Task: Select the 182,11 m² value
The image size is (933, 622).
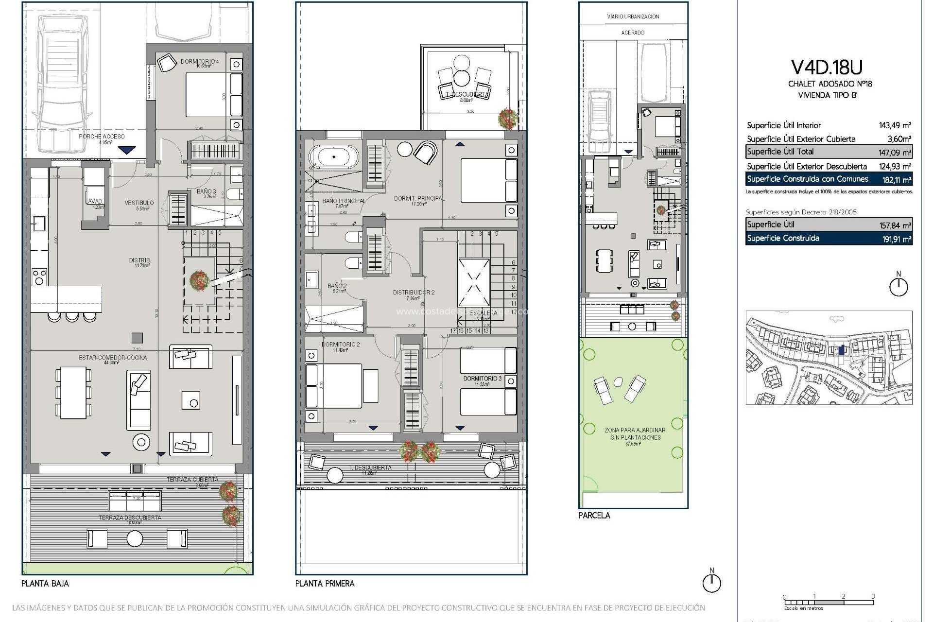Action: click(x=897, y=179)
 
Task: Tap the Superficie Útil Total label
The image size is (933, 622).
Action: click(x=780, y=152)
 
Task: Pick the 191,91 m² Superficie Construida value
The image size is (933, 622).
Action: click(x=897, y=239)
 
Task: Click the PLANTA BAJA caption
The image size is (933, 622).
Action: click(x=45, y=583)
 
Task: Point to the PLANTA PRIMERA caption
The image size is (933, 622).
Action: click(x=325, y=583)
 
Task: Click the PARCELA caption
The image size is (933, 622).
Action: click(x=593, y=515)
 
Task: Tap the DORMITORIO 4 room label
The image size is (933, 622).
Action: click(x=200, y=62)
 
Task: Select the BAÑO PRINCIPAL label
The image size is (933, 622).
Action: click(x=344, y=201)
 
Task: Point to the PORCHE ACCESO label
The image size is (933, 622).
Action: click(x=102, y=137)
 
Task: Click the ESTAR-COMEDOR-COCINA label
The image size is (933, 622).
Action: click(x=113, y=358)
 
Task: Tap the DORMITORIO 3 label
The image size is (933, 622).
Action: click(x=482, y=378)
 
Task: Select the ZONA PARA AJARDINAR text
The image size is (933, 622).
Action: click(x=635, y=430)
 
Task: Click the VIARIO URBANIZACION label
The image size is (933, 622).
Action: click(x=633, y=17)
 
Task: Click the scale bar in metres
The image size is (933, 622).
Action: click(x=829, y=603)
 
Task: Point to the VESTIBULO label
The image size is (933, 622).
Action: click(x=139, y=203)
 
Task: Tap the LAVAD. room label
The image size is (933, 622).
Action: click(x=94, y=201)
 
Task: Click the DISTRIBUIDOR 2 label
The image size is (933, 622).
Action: click(x=414, y=293)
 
